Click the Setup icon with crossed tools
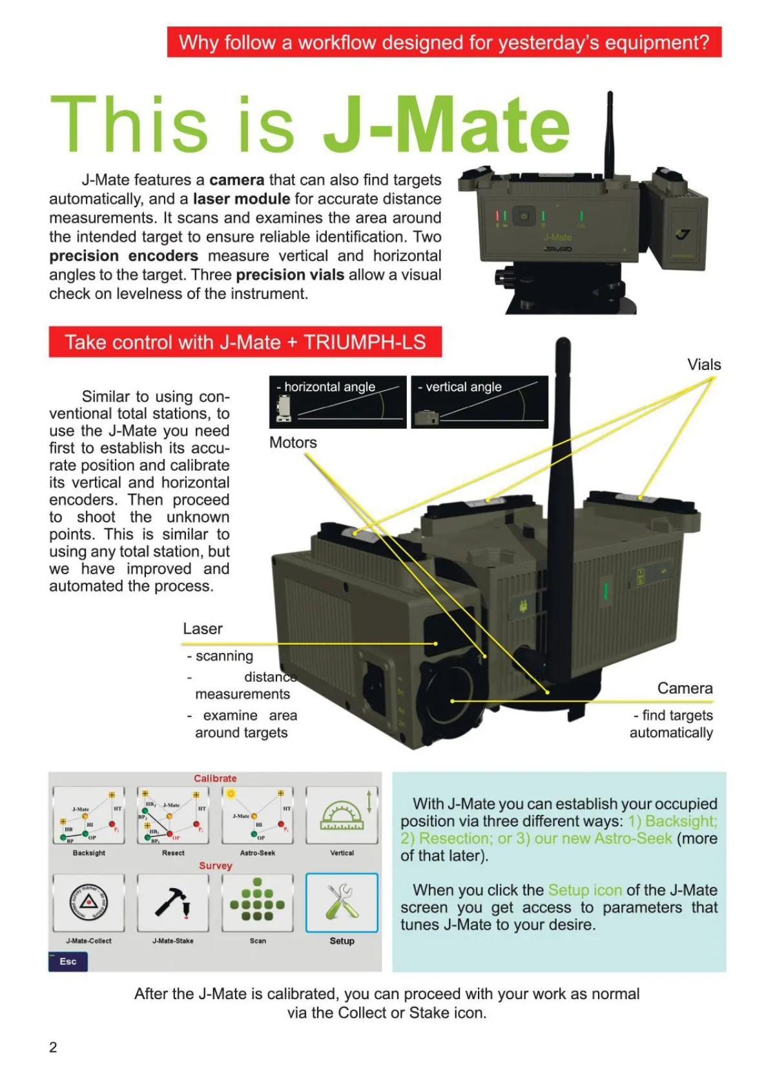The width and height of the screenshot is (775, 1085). [342, 902]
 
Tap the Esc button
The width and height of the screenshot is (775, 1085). [68, 962]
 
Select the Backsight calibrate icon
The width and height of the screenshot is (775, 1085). [88, 815]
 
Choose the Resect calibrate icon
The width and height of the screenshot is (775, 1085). [173, 815]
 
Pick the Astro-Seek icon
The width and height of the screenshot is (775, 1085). [257, 815]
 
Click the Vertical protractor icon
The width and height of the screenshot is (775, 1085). [342, 815]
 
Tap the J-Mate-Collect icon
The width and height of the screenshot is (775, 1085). [88, 902]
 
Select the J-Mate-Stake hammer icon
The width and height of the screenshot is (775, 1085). [173, 902]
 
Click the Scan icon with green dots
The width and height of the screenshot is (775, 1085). [257, 902]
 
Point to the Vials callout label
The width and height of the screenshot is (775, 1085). [704, 365]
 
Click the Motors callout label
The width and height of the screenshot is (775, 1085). [293, 443]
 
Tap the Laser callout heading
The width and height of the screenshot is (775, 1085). [202, 629]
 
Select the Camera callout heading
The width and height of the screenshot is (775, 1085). [685, 688]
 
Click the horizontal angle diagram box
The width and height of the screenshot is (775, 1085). [338, 402]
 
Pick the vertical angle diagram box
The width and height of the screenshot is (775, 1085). [479, 402]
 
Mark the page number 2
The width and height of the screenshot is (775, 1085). [53, 1048]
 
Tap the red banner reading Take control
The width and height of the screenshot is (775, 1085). [245, 342]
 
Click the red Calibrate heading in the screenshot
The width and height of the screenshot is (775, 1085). [215, 779]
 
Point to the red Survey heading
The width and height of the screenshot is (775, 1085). [215, 866]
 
